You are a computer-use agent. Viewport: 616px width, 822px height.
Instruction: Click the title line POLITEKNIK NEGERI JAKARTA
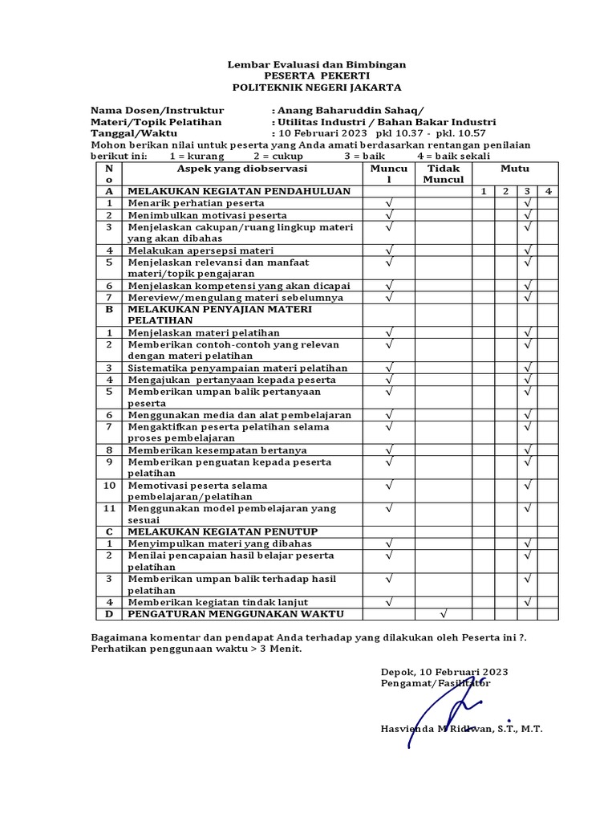317,87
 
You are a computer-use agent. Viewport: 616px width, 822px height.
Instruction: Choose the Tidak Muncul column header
444,174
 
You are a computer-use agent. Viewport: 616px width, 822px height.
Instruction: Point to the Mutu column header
515,169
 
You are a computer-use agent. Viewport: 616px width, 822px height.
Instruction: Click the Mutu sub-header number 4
548,192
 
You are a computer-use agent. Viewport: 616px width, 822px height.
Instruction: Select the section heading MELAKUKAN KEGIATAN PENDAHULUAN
239,192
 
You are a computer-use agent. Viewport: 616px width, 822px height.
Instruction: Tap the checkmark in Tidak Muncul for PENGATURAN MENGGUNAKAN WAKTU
444,614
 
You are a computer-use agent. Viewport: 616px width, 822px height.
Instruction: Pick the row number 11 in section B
109,509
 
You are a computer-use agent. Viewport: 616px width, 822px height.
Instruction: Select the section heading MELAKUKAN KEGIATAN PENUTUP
223,532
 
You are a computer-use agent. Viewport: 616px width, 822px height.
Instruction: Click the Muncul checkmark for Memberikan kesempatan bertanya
390,450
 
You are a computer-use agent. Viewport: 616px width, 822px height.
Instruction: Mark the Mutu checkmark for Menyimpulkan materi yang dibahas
528,544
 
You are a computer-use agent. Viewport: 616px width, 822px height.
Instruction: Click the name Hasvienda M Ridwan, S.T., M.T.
461,729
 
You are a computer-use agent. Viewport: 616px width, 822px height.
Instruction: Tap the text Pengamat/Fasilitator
436,683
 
